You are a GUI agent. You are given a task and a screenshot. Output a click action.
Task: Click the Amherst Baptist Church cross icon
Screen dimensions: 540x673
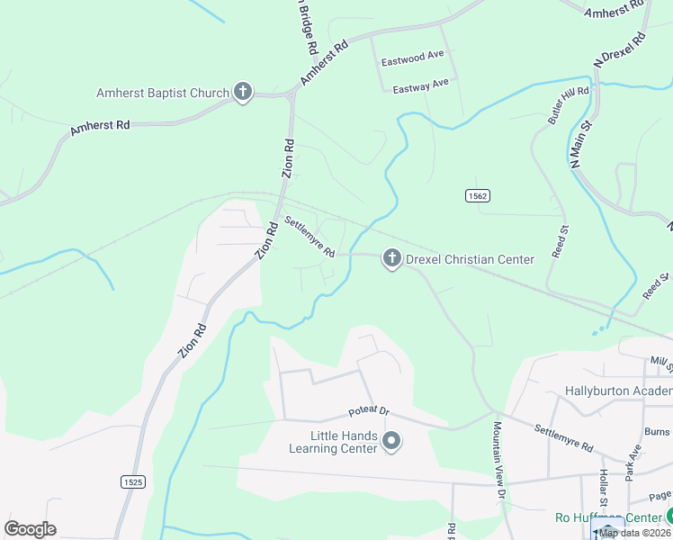[x=242, y=92]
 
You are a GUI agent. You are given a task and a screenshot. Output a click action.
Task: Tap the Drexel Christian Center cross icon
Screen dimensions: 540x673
[x=391, y=259]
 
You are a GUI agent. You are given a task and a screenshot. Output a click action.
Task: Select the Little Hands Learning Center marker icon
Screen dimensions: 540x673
[x=391, y=441]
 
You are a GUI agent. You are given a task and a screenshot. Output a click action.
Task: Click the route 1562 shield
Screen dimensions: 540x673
[x=478, y=195]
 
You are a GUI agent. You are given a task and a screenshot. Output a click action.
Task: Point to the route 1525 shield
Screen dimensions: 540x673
[x=132, y=482]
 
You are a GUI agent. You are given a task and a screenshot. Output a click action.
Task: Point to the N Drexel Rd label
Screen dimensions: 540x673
[x=621, y=50]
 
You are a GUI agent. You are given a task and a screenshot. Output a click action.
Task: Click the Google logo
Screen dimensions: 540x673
[x=30, y=529]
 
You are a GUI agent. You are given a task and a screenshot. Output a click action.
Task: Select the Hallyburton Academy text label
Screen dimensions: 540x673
[x=618, y=391]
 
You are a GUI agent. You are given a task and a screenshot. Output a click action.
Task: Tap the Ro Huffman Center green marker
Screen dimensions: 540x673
[x=669, y=517]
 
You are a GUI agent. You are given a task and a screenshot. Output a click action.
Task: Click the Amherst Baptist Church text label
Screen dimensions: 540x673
[x=163, y=93]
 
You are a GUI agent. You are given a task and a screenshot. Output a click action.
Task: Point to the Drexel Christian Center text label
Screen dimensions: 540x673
[x=470, y=259]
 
